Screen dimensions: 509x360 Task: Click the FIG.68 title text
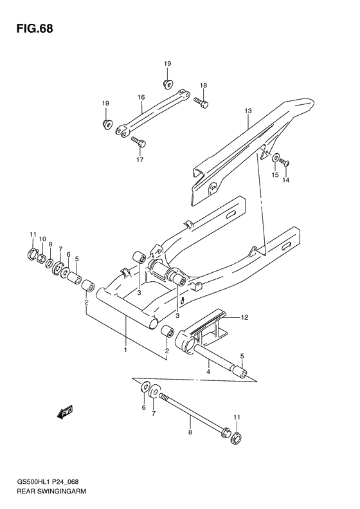coord(31,30)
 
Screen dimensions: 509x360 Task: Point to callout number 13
coord(246,111)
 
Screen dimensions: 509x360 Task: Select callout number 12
coord(244,317)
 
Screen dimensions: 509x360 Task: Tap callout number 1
coord(125,349)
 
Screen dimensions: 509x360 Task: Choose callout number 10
coord(42,239)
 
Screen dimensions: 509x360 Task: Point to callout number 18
coord(203,86)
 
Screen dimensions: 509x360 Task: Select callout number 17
coord(139,160)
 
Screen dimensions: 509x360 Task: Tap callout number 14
coord(286,180)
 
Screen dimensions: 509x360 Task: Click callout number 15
coord(274,174)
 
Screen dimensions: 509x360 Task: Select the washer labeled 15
coord(275,158)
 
